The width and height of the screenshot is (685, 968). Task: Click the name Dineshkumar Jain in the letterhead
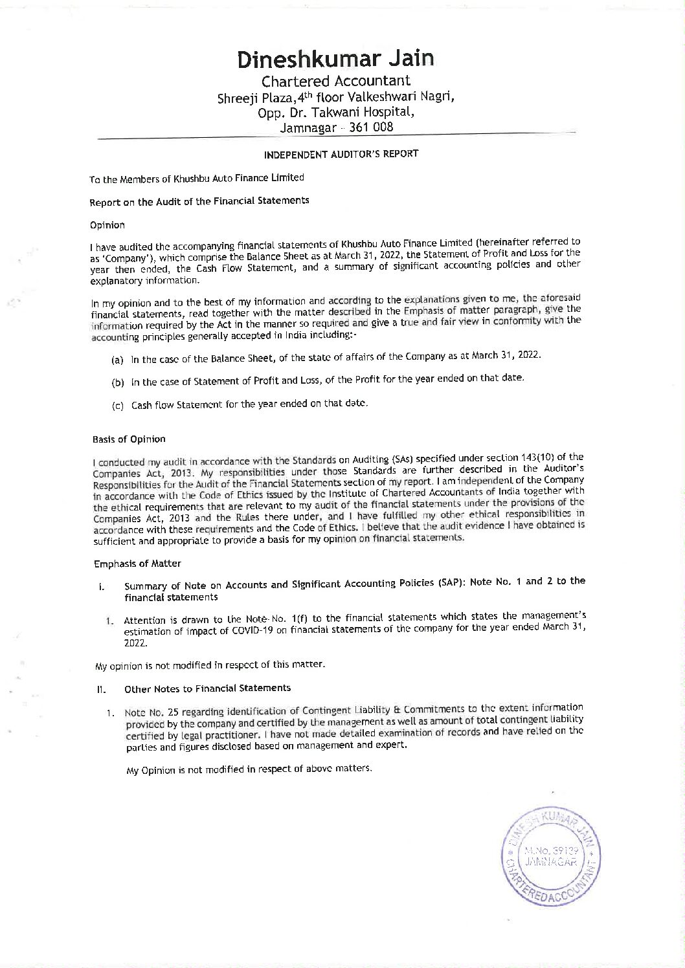[x=335, y=59]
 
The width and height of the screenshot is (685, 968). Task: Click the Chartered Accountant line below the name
[x=335, y=81]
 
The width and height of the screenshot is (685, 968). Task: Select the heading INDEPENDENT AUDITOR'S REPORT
[x=341, y=154]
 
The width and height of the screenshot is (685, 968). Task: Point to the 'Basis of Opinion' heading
[x=129, y=439]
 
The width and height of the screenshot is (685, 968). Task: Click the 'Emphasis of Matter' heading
[x=137, y=564]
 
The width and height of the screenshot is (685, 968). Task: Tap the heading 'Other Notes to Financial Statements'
[x=207, y=688]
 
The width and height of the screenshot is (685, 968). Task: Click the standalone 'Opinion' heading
[x=107, y=225]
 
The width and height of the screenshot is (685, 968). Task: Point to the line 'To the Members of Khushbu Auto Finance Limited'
[x=197, y=178]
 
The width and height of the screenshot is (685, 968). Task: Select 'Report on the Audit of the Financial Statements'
[x=199, y=201]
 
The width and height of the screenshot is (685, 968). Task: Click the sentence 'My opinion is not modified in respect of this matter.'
[x=210, y=665]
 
